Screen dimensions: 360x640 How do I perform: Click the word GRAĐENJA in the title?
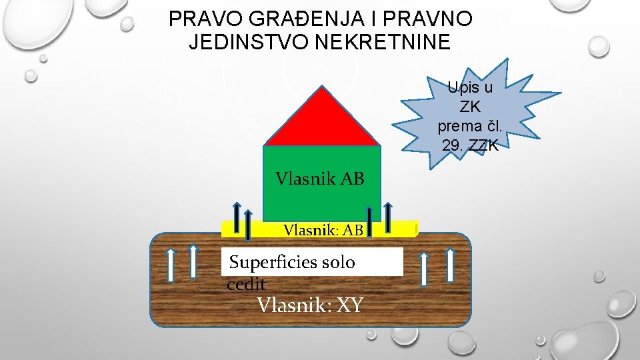[275, 19]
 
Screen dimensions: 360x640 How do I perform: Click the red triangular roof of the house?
[321, 120]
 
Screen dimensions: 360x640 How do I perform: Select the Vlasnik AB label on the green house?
[319, 179]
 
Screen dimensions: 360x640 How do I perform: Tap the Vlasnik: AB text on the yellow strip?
[323, 231]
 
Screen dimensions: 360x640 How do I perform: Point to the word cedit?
[246, 285]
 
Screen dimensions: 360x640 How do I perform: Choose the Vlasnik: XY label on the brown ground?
[310, 305]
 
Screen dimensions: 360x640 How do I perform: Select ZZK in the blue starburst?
[485, 145]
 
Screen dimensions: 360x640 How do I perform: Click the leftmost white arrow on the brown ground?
[171, 265]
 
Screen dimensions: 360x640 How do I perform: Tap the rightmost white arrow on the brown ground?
[450, 265]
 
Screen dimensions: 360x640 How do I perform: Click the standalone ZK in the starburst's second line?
[470, 107]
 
